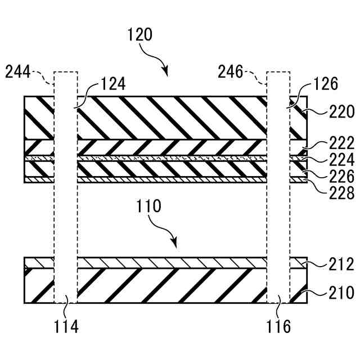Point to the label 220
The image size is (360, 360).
tap(341, 112)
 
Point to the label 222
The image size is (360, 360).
tap(341, 142)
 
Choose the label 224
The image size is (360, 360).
tap(341, 159)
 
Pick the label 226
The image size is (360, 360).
tap(341, 177)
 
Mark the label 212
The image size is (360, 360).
tap(341, 265)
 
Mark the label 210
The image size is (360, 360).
tap(341, 292)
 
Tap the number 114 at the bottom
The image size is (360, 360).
tap(66, 326)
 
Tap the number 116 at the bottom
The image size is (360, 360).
tap(278, 326)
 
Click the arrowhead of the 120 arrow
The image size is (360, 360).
tap(165, 71)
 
